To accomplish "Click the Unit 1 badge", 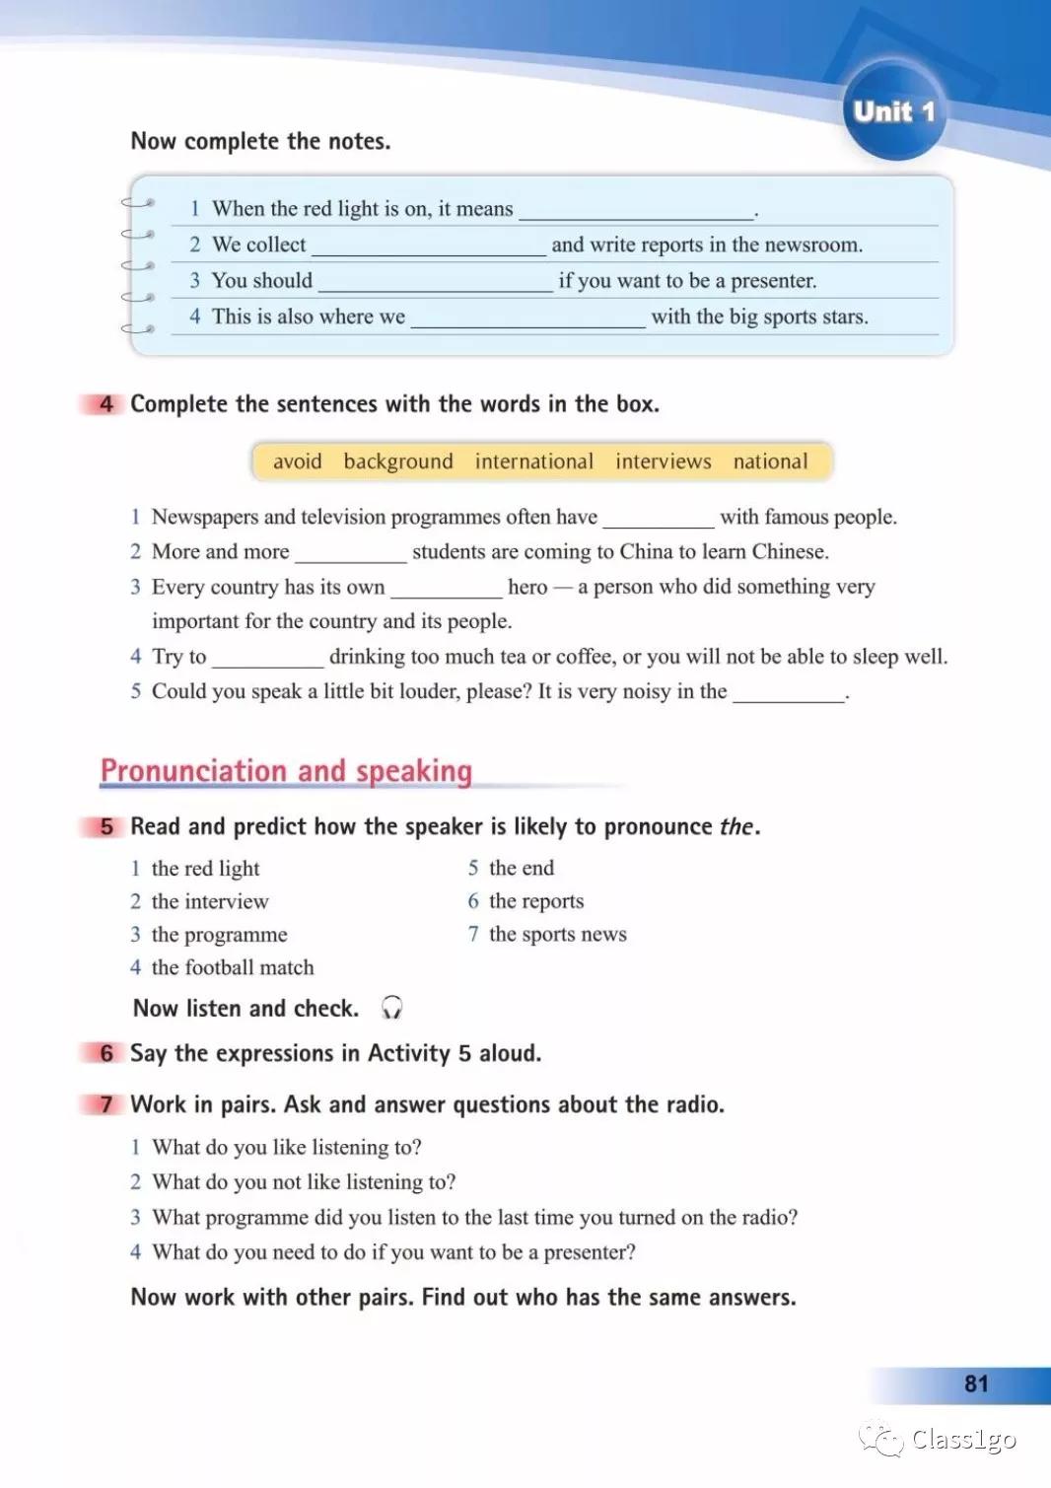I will (x=894, y=111).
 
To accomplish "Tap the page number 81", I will (x=975, y=1383).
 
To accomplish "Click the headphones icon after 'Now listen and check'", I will (x=391, y=1008).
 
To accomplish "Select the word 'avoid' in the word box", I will (x=298, y=461).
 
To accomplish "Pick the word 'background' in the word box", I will (x=398, y=461).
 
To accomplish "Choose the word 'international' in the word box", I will (x=534, y=461).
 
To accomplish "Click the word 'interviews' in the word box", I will (x=664, y=461).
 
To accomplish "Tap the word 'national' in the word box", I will (x=770, y=461).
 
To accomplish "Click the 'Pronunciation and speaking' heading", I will (x=286, y=771).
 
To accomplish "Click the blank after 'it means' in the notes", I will (x=636, y=211).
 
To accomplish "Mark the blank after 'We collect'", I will (x=429, y=247).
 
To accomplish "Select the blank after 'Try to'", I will (x=268, y=659).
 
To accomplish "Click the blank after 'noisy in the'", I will (x=789, y=693).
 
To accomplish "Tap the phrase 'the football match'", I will (x=233, y=967).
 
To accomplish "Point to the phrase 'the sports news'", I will (x=558, y=934).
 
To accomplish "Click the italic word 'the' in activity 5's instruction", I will (x=736, y=826).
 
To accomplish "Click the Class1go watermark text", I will (x=963, y=1440).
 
